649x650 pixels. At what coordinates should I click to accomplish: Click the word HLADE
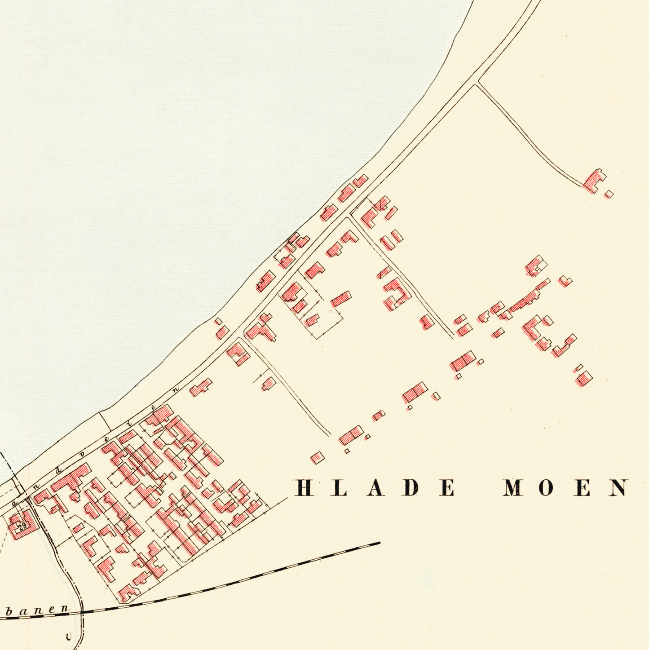(x=375, y=488)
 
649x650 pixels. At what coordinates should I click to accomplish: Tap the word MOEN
(x=565, y=488)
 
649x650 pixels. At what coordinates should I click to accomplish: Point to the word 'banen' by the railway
(x=38, y=610)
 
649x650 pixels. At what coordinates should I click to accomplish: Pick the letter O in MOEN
(x=545, y=488)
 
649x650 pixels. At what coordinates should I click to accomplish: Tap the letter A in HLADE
(x=375, y=488)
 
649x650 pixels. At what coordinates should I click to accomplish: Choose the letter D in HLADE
(x=411, y=488)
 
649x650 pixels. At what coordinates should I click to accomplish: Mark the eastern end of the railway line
(x=380, y=543)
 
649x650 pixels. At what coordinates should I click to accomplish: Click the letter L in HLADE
(x=339, y=488)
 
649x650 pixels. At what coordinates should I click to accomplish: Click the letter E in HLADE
(x=447, y=488)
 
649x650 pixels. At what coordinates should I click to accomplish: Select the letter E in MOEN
(x=583, y=488)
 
